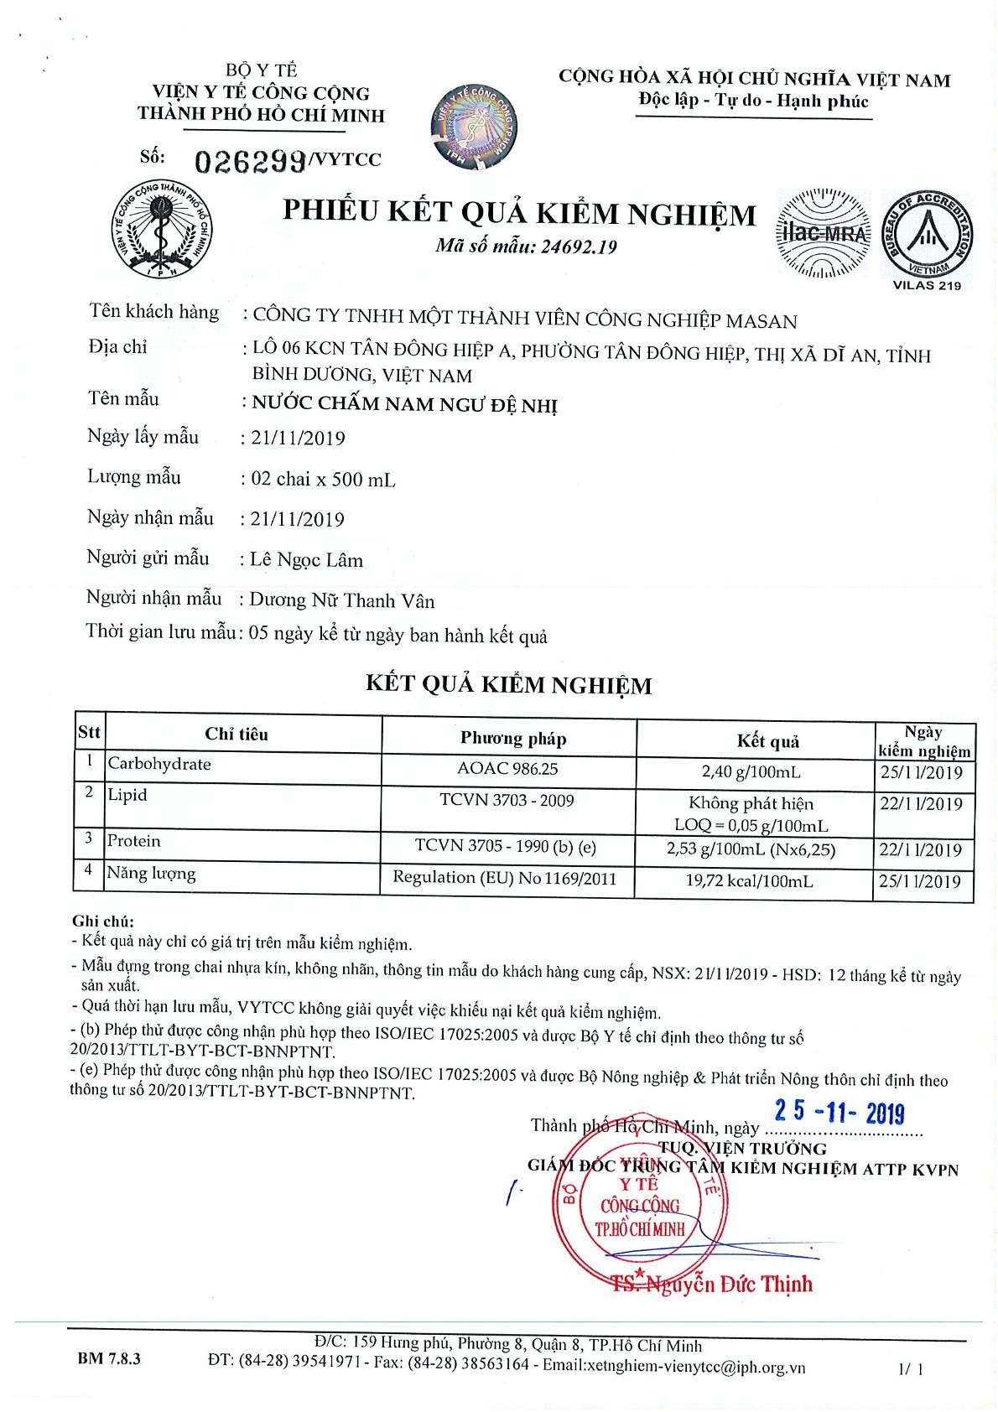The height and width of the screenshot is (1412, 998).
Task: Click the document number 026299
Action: (250, 161)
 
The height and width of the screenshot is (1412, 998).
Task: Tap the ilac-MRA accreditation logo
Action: (823, 233)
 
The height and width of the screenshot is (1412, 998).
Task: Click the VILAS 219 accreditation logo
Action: (926, 236)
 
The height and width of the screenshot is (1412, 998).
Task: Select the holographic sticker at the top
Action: (474, 126)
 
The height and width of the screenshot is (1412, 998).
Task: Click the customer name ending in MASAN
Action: (525, 319)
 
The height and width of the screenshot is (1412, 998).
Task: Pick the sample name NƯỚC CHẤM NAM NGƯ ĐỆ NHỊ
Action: (405, 404)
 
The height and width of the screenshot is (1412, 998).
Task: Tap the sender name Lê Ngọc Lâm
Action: (307, 560)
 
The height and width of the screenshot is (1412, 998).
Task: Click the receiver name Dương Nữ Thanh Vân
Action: (342, 600)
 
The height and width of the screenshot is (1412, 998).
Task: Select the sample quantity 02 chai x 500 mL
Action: (324, 480)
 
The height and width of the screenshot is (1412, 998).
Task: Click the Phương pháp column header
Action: (512, 739)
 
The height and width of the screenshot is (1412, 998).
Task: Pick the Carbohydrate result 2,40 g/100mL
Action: (751, 771)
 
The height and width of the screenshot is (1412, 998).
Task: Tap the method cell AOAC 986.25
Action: (507, 769)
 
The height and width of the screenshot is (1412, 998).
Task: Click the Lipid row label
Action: (127, 795)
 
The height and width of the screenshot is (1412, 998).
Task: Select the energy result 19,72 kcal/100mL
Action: (749, 881)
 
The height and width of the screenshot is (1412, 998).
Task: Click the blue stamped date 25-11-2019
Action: (839, 1112)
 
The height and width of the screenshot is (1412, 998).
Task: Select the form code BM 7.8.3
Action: (109, 1358)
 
